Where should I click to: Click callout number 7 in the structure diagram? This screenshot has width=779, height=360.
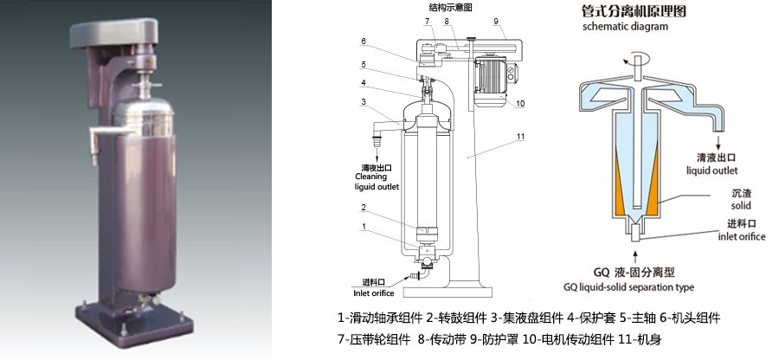427,20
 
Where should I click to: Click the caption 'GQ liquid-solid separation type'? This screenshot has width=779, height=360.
628,286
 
